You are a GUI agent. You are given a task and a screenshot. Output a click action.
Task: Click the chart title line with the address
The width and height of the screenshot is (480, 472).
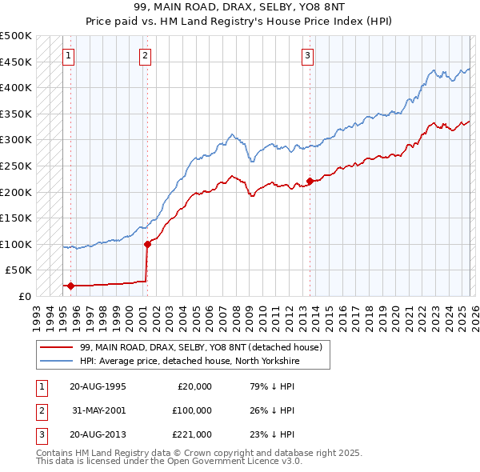[x=240, y=7]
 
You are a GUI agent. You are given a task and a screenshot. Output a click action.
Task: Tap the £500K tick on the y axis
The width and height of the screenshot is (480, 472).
[x=16, y=36]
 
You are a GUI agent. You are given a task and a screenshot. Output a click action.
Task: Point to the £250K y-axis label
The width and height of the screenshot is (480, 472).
[x=16, y=166]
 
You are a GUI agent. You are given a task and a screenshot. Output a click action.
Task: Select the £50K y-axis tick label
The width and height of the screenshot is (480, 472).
[x=19, y=270]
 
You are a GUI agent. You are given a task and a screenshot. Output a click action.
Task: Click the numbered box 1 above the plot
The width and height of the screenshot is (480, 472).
[x=69, y=55]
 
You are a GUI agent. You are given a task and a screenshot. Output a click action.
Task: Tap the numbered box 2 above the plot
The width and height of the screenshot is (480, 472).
[x=145, y=55]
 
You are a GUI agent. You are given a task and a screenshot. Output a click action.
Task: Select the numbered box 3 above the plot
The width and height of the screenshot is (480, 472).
[x=308, y=55]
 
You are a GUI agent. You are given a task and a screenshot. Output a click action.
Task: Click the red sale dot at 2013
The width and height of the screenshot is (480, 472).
[x=310, y=181]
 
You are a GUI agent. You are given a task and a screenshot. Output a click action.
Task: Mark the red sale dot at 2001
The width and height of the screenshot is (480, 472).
[x=147, y=244]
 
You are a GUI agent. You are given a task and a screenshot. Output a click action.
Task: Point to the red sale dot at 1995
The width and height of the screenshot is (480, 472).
[x=70, y=286]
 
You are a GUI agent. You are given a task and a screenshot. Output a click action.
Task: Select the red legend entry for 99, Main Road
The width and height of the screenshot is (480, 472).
[x=200, y=347]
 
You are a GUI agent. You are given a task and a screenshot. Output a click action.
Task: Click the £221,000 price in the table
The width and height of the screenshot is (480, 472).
[x=191, y=435]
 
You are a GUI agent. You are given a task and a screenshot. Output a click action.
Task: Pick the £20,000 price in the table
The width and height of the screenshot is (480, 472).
[x=194, y=386]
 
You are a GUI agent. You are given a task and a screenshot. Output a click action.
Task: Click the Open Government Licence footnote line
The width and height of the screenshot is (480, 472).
[x=170, y=462]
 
